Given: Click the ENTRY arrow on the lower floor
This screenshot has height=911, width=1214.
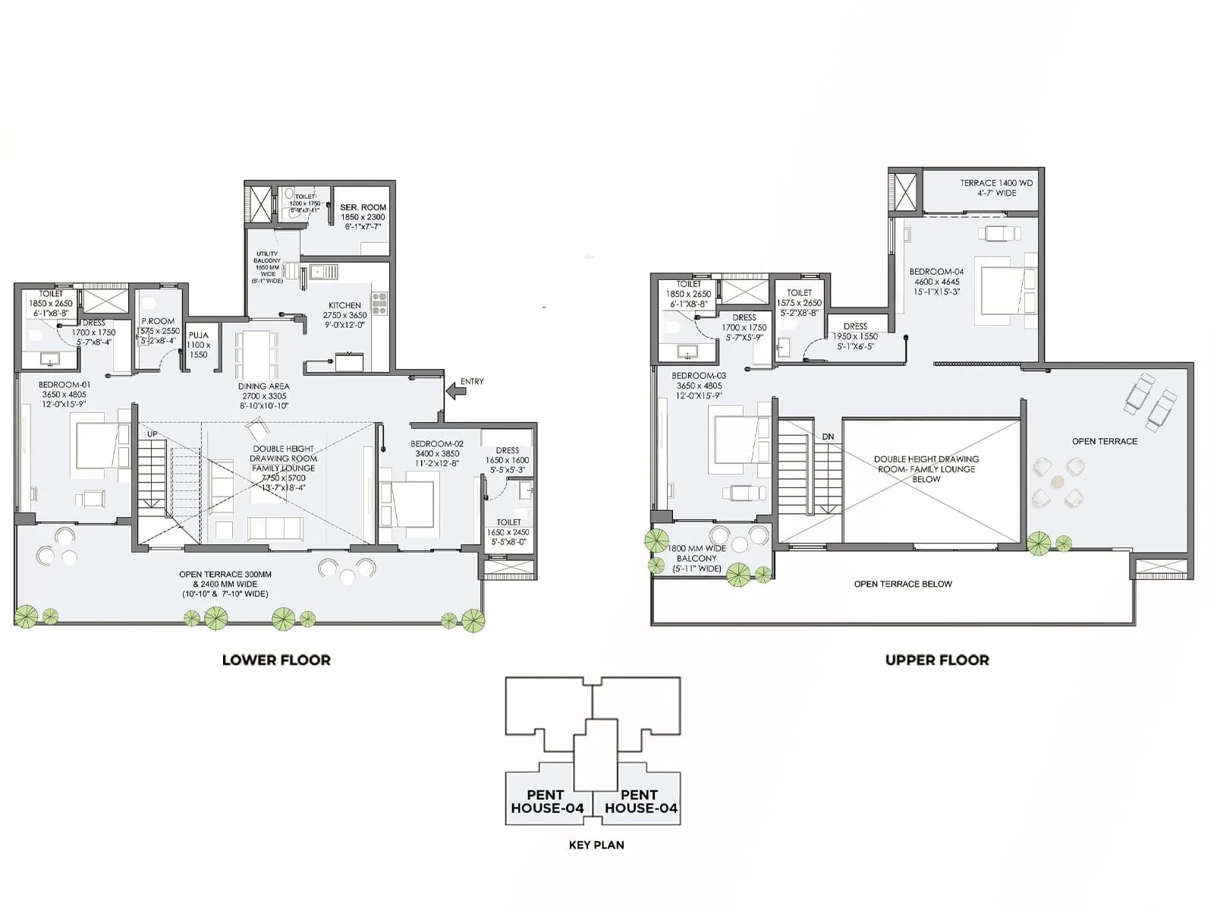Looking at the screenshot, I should pos(455,391).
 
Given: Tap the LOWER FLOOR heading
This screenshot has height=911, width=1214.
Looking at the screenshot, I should pos(276,660).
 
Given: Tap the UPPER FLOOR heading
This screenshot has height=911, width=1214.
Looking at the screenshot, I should pos(937,660).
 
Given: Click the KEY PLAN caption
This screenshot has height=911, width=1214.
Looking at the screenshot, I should pos(596,844).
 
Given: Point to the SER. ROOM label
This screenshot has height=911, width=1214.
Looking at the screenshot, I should pos(363,207).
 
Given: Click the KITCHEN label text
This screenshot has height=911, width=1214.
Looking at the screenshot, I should pos(344,305).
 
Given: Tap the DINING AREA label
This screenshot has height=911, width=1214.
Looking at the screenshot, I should pos(263,386).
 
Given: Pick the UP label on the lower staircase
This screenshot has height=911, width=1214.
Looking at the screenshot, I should pos(153,434).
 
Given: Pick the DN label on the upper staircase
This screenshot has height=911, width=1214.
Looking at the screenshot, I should pos(828,437).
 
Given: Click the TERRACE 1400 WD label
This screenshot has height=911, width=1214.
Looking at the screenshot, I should pos(996,183).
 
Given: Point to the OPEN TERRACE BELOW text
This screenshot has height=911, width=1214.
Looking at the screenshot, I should pos(902,584).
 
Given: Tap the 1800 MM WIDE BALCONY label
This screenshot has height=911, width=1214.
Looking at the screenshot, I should pos(696,558).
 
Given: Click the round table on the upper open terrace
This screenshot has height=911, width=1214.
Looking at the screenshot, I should pos(1058,481).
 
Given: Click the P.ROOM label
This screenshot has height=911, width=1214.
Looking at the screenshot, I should pos(158,321).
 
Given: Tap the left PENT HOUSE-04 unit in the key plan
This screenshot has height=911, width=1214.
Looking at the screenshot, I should pos(546,801).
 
